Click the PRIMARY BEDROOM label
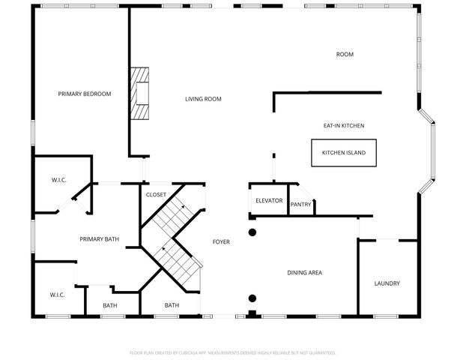(x=85, y=94)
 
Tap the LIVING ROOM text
(x=203, y=99)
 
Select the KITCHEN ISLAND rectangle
(x=344, y=153)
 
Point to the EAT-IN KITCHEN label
(x=343, y=126)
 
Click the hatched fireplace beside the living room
(x=141, y=94)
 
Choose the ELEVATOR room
(x=268, y=200)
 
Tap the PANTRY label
(x=300, y=204)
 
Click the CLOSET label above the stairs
(x=156, y=194)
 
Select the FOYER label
(x=221, y=241)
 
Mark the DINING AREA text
(x=305, y=272)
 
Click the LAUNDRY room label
(x=387, y=283)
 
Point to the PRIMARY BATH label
(x=100, y=239)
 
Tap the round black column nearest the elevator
(x=252, y=232)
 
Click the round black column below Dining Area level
(x=252, y=297)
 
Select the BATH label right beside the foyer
(x=172, y=305)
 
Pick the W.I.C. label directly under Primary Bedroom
(x=59, y=180)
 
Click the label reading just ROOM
(x=345, y=54)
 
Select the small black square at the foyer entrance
(x=252, y=313)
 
